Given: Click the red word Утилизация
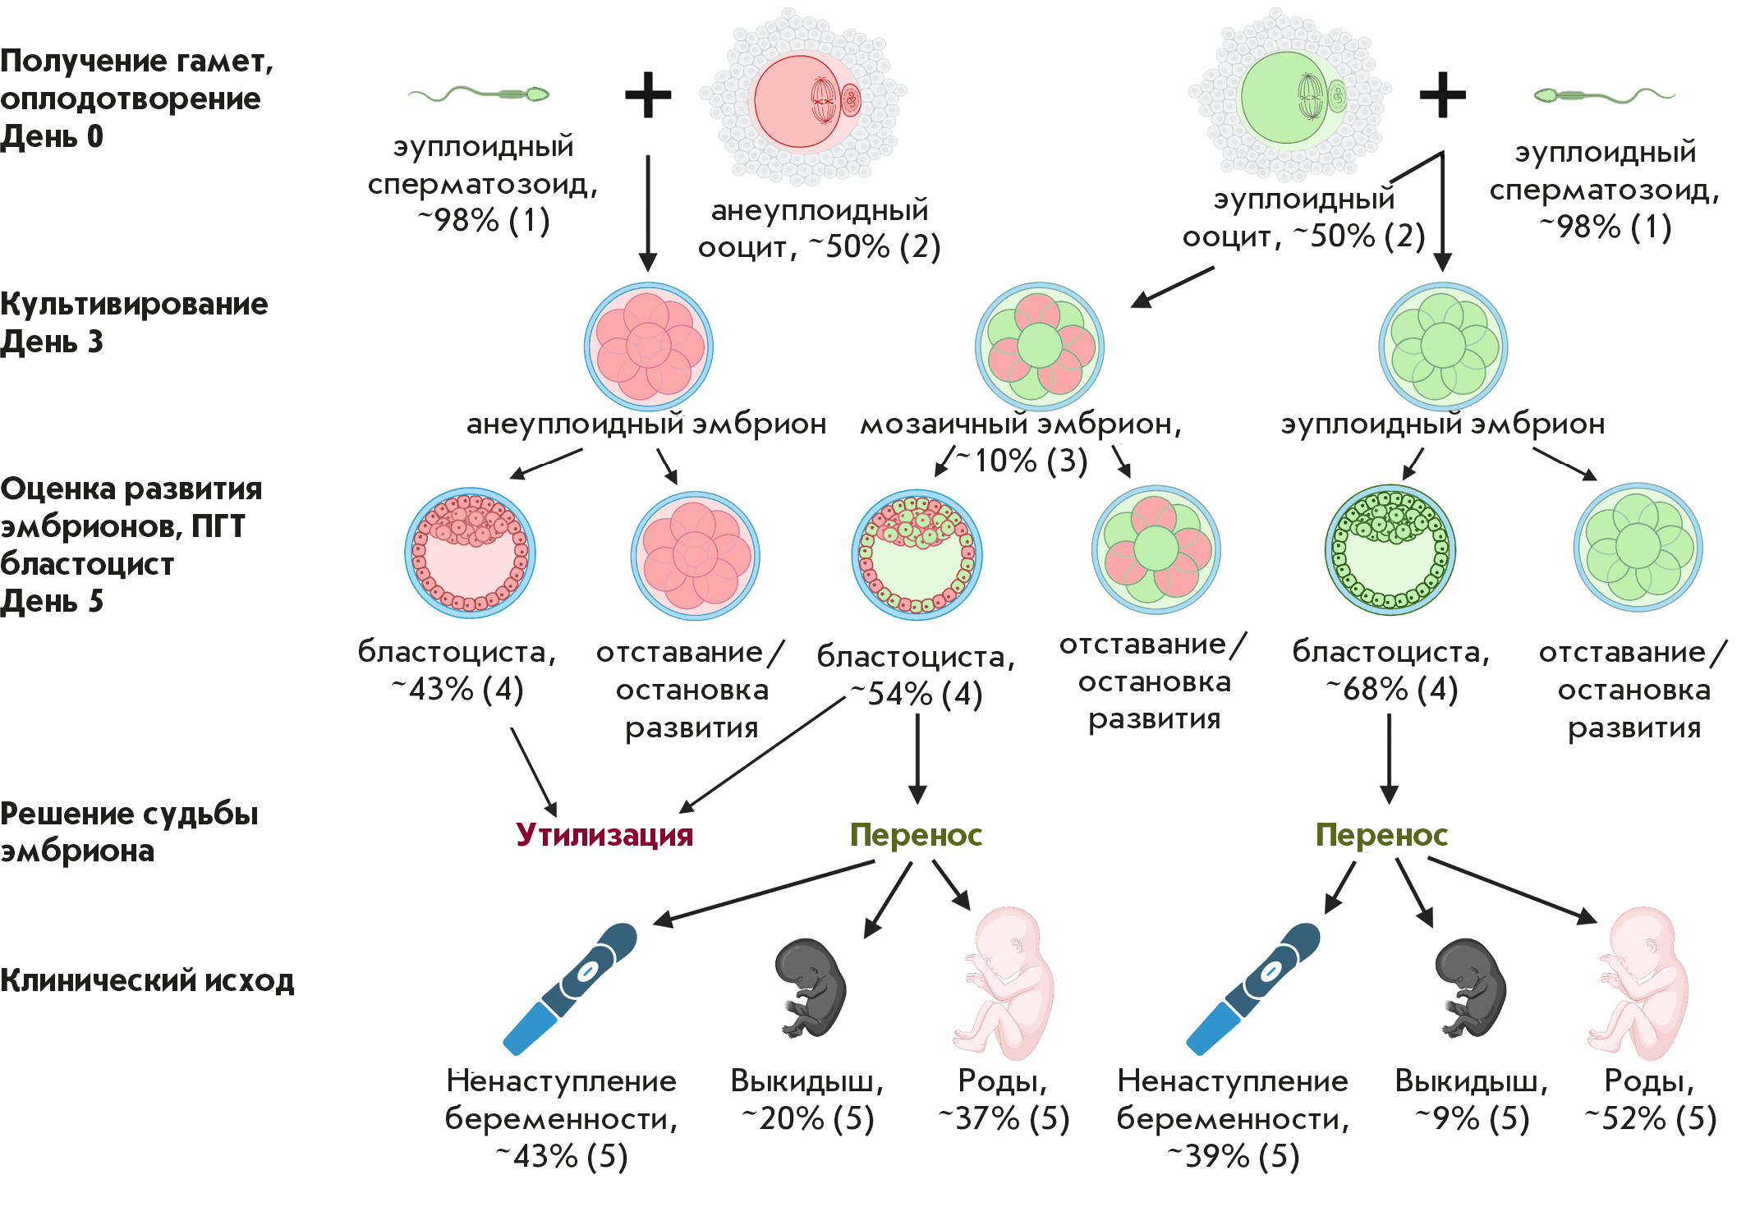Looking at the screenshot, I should coord(604,834).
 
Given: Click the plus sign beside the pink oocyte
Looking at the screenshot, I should coord(648,94).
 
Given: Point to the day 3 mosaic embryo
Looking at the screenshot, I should coord(1040,346).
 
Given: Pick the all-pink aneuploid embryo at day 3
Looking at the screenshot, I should coord(649,346).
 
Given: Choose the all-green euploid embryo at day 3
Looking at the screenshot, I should coord(1443,346).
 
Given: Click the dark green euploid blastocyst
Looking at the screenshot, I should coord(1390,550).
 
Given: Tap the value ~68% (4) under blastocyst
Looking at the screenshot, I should coord(1392,689).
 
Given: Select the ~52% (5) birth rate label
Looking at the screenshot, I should coord(1651,1118).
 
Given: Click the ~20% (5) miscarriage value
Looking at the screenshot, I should coord(808,1118).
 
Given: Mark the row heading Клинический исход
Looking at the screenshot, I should coord(147,980).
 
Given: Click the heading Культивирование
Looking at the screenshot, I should coord(134,304).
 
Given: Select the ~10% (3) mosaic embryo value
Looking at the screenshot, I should coord(1022,461).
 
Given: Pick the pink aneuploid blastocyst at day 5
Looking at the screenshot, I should coord(470,553).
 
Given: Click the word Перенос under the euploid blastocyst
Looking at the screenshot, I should coord(1381,834).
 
